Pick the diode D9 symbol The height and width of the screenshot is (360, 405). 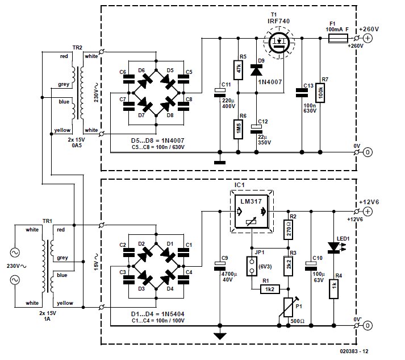[256, 71]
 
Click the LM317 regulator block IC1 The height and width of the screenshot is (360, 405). [250, 212]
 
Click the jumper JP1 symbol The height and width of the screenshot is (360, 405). [250, 265]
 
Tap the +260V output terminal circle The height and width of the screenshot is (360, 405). [368, 39]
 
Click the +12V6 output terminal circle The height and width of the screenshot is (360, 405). [368, 212]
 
